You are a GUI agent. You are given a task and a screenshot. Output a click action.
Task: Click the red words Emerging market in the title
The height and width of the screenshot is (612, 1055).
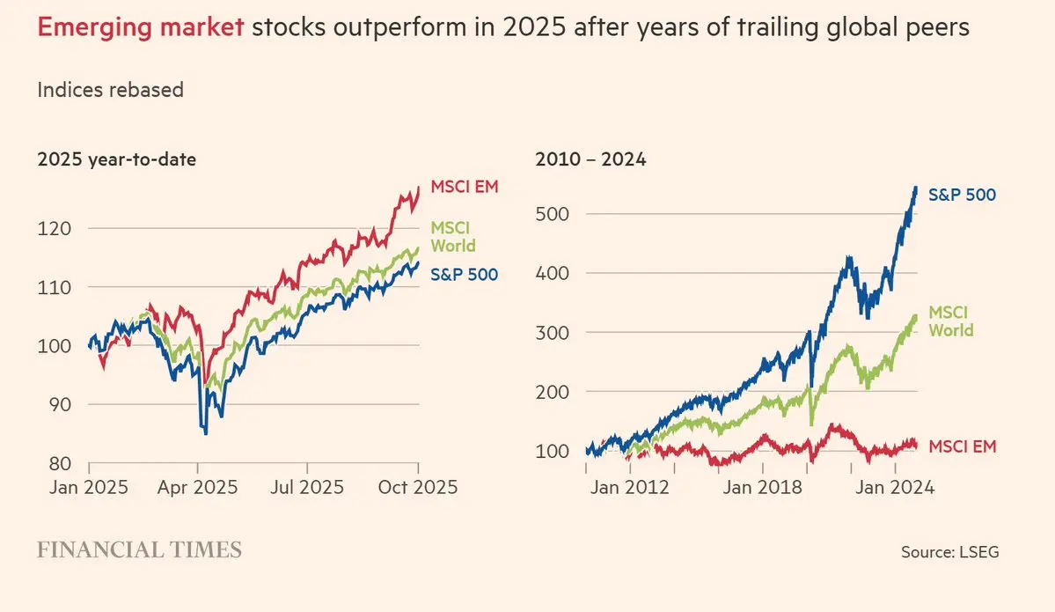[x=141, y=28]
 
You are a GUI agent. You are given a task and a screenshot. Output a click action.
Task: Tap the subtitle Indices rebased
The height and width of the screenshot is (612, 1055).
[x=110, y=89]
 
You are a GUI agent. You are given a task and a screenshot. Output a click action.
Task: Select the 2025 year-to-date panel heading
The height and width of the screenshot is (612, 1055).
[x=116, y=160]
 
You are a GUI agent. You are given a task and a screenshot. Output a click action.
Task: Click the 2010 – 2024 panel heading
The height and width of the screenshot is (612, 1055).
[x=590, y=160]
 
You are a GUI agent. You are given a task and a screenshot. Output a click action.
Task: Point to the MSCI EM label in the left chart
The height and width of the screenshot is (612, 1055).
[x=463, y=188]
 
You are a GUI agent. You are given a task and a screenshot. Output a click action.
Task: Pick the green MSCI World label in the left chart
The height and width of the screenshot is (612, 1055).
[x=452, y=237]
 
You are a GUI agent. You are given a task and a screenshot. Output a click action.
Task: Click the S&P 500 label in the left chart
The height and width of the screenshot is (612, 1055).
[x=464, y=275]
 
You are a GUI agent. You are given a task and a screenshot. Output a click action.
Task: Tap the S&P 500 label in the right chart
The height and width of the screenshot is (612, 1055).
[x=963, y=195]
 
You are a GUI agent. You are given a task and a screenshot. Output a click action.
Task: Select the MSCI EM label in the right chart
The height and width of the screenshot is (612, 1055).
[x=963, y=446]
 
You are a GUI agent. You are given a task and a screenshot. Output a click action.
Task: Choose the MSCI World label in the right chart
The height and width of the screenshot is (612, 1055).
[x=951, y=321]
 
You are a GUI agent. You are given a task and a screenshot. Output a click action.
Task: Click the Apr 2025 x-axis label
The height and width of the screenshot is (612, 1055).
[x=199, y=487]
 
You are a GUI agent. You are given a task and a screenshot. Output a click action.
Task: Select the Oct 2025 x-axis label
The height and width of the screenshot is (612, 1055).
[x=419, y=487]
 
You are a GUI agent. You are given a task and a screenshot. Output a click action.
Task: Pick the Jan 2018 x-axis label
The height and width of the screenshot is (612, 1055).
[x=763, y=487]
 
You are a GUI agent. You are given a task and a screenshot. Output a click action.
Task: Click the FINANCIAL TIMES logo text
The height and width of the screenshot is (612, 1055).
[x=139, y=551]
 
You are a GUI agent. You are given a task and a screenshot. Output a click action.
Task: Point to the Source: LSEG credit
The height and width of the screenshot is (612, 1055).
[x=949, y=552]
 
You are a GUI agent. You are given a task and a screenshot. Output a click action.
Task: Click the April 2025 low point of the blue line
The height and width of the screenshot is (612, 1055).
[x=205, y=433]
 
